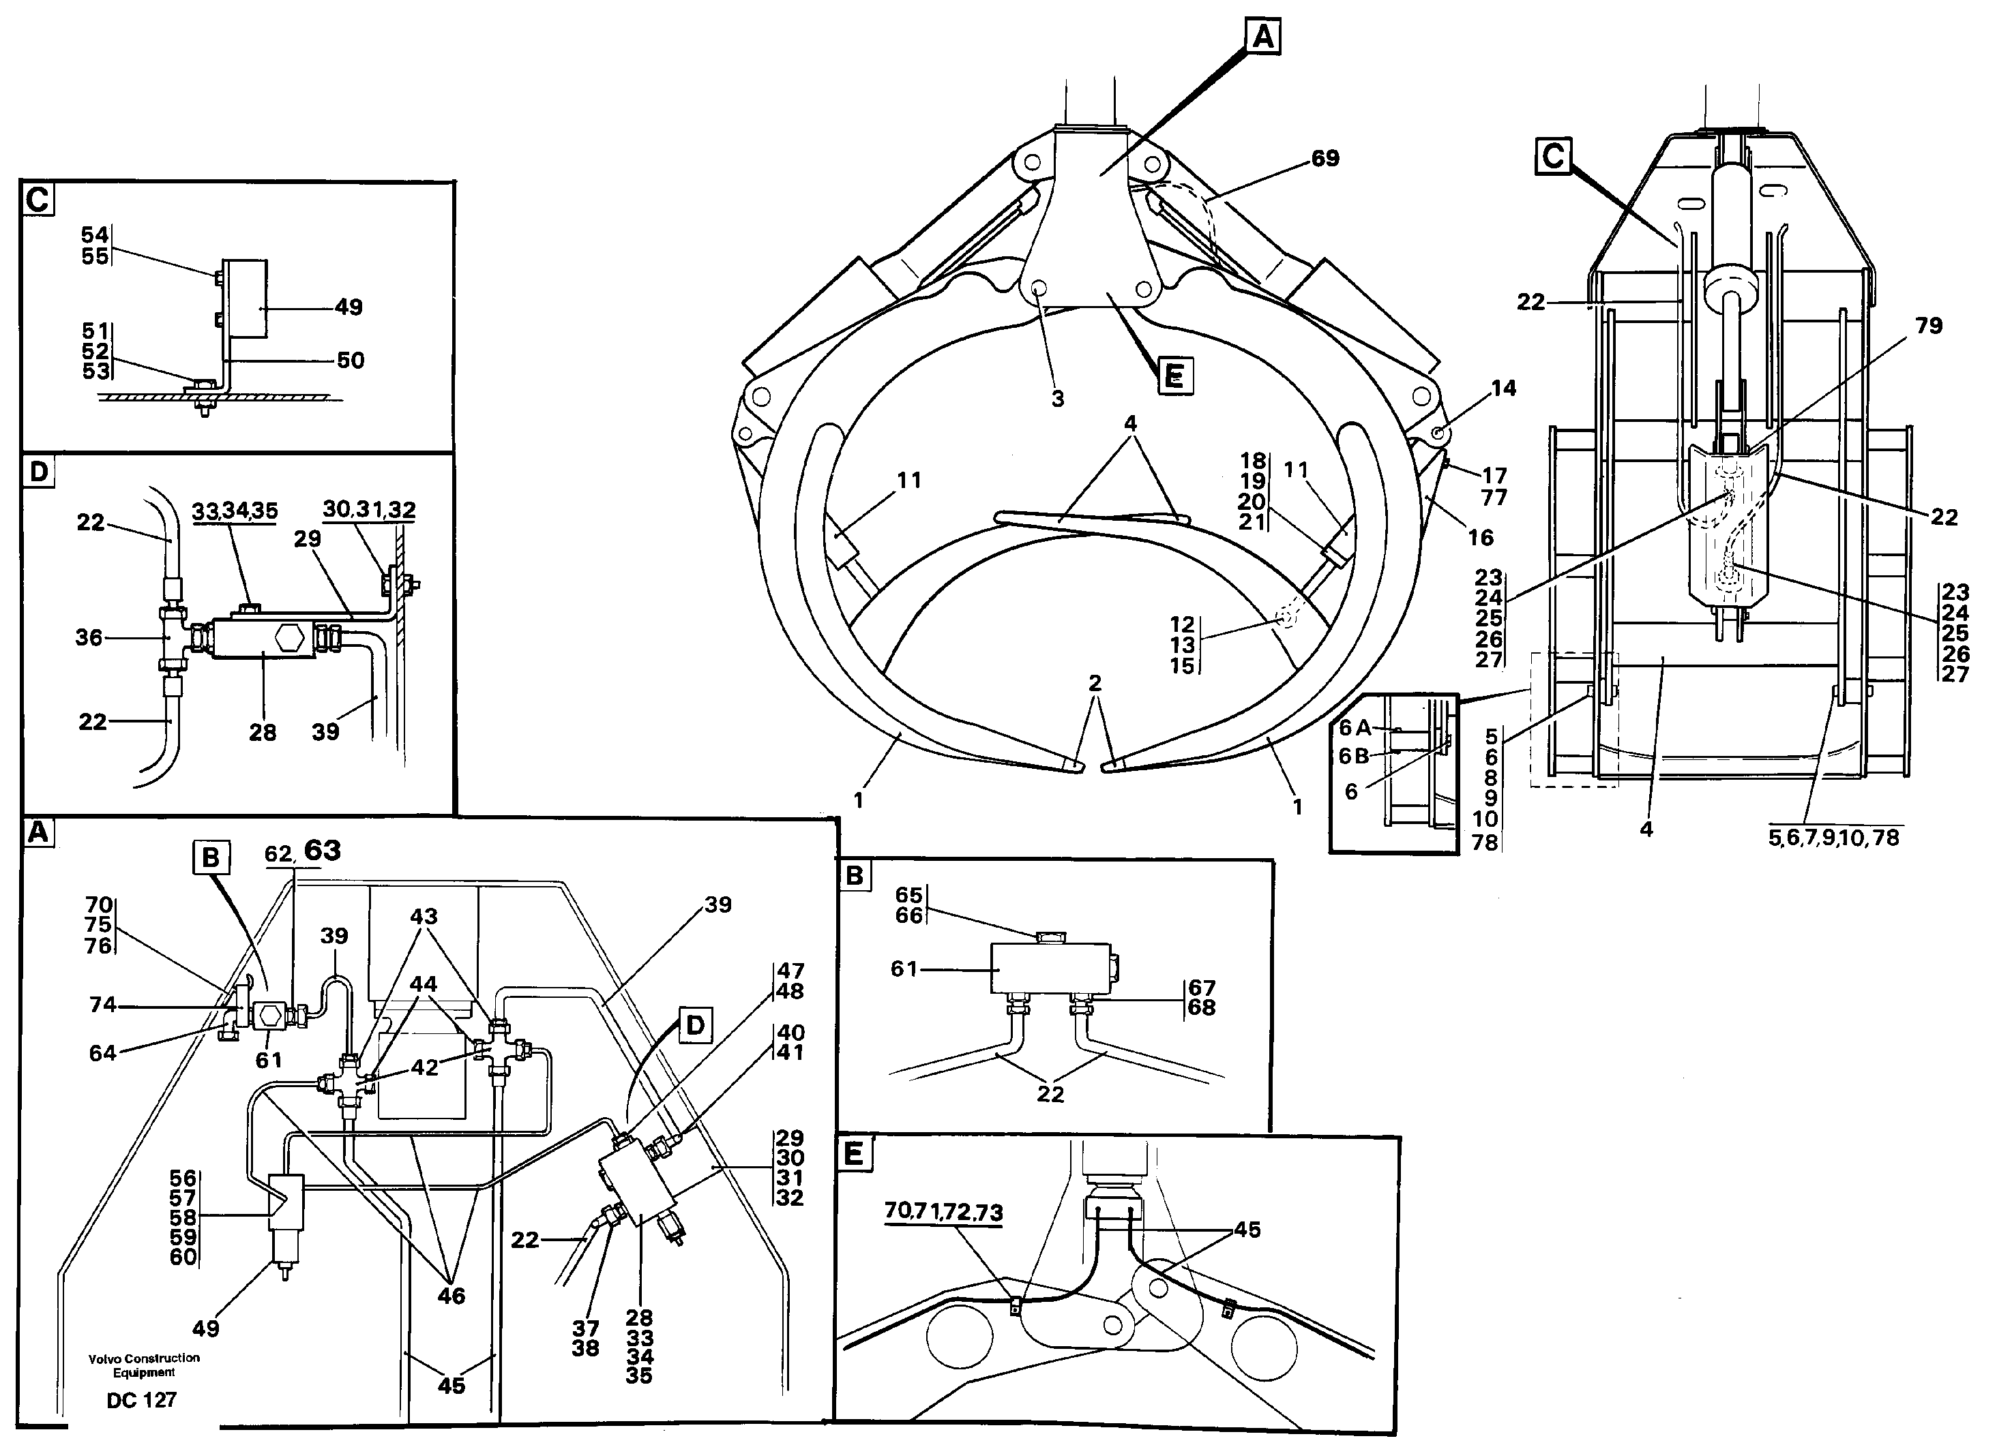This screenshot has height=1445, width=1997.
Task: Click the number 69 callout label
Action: pos(1325,158)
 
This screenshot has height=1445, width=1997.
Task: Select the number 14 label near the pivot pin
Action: pos(1503,388)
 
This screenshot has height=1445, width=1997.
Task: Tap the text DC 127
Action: pos(142,1400)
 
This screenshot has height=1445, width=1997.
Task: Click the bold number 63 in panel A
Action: pos(323,850)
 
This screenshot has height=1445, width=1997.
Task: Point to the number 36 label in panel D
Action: pos(88,637)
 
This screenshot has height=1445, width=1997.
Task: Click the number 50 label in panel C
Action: pos(351,360)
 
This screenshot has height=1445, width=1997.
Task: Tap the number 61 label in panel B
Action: pos(904,969)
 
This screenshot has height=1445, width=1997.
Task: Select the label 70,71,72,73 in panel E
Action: pos(943,1212)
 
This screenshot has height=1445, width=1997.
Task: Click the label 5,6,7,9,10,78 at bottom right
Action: pos(1833,838)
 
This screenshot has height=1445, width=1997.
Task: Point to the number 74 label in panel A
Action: pos(102,1004)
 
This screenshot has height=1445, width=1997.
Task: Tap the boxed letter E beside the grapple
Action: pos(1174,377)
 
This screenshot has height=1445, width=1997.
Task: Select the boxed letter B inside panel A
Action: pos(211,857)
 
